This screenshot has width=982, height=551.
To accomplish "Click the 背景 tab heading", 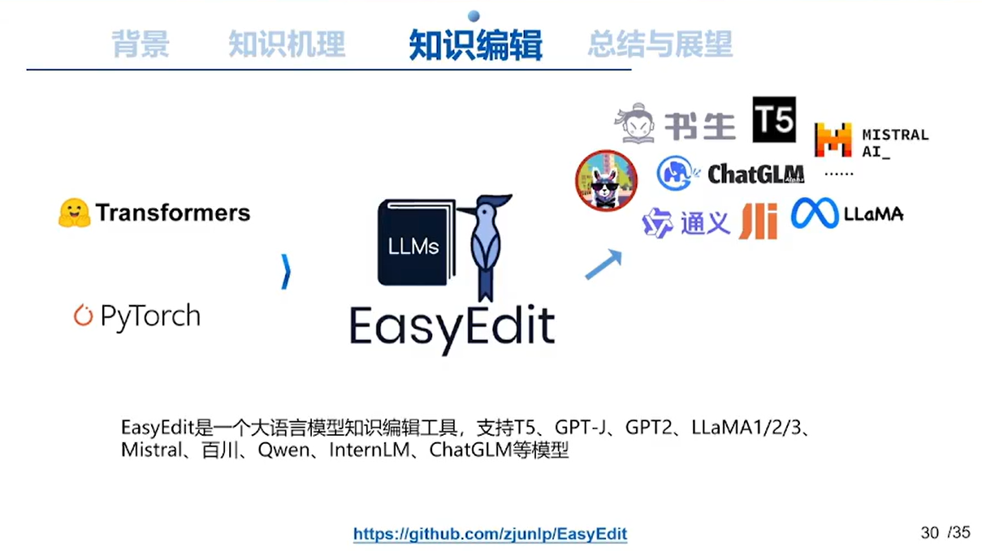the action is tap(141, 44).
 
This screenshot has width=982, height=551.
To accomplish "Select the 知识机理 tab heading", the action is tap(287, 44).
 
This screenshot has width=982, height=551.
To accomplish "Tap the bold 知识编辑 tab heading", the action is tap(475, 45).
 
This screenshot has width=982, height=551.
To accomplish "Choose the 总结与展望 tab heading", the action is tap(660, 44).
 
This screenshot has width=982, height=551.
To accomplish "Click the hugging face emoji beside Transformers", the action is tap(74, 213).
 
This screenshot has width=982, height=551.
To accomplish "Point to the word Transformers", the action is tap(173, 213).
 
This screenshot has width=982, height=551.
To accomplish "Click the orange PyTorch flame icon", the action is tap(83, 316).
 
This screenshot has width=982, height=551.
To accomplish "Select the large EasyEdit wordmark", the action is tap(452, 325).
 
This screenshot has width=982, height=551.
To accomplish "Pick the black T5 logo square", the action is tap(773, 120).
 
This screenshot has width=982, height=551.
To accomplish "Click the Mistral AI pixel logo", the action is tap(833, 140).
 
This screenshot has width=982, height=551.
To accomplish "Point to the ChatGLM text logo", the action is tap(755, 174).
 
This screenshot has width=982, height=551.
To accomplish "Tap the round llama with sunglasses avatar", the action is tap(606, 180).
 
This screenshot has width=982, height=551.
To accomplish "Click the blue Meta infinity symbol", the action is tap(814, 213).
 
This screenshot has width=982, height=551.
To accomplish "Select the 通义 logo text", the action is tap(705, 222).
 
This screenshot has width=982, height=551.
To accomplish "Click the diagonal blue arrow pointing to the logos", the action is tap(603, 265).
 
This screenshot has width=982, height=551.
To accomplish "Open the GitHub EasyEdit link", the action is tap(490, 534).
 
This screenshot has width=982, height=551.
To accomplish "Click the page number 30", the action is tap(929, 532).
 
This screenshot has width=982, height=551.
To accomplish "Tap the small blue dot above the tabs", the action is tap(474, 15).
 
